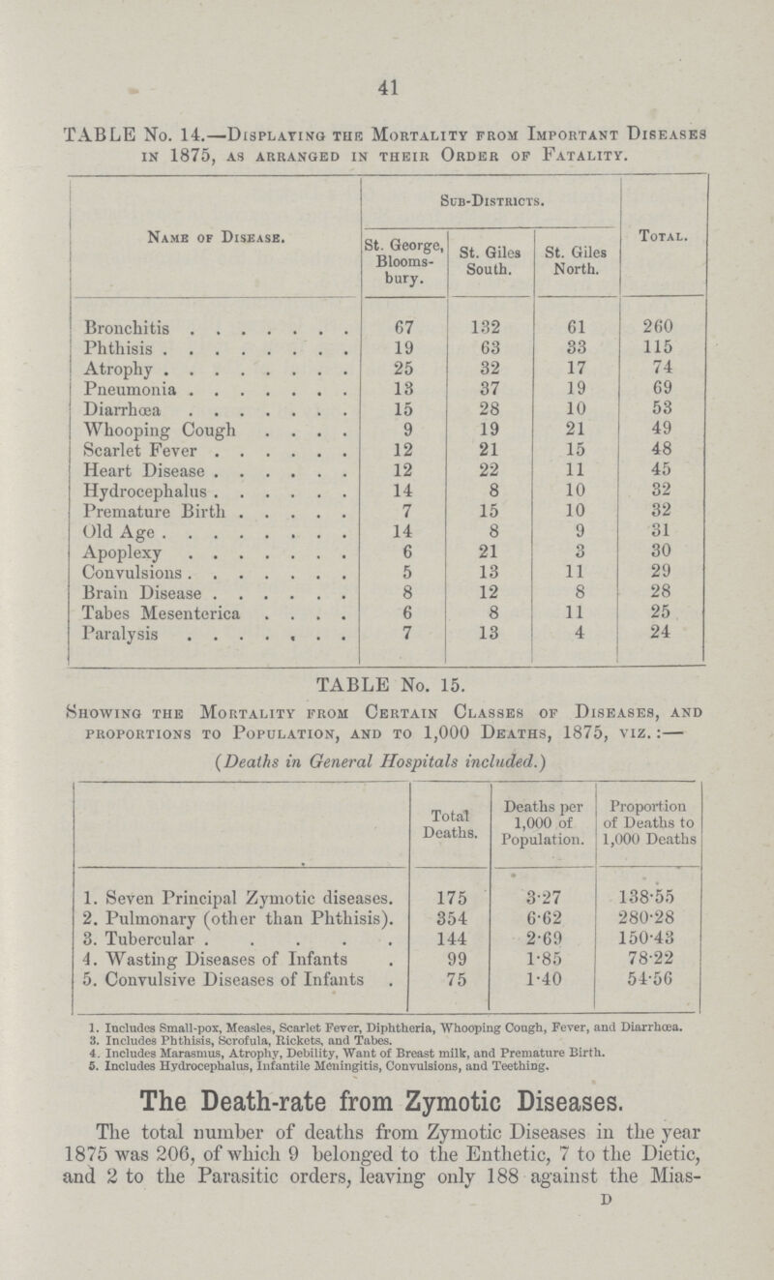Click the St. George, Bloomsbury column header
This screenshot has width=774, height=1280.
(398, 260)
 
